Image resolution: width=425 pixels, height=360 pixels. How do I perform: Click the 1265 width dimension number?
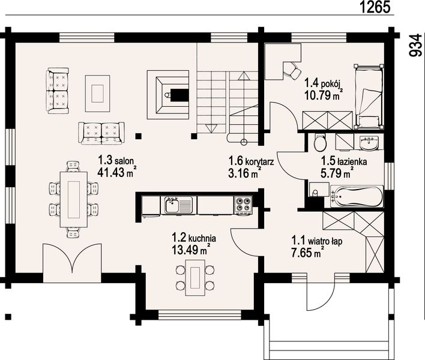(375, 7)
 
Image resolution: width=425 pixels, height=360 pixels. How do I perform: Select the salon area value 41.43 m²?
(116, 173)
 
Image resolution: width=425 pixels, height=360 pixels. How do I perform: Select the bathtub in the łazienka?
(357, 196)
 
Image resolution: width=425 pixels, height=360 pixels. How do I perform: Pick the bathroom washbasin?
(369, 142)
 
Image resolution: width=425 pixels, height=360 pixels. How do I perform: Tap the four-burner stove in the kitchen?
(243, 205)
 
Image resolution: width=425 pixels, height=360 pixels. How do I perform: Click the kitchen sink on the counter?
(176, 205)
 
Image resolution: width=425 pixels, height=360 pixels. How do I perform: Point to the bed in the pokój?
(369, 96)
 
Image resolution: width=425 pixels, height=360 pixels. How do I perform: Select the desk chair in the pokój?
(292, 70)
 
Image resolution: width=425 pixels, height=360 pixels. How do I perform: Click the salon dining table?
(73, 199)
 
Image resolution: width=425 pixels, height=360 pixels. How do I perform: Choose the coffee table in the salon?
(98, 93)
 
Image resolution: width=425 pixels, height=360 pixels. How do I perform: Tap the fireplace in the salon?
(168, 95)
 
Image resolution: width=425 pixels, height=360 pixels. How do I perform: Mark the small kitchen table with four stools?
(195, 278)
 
